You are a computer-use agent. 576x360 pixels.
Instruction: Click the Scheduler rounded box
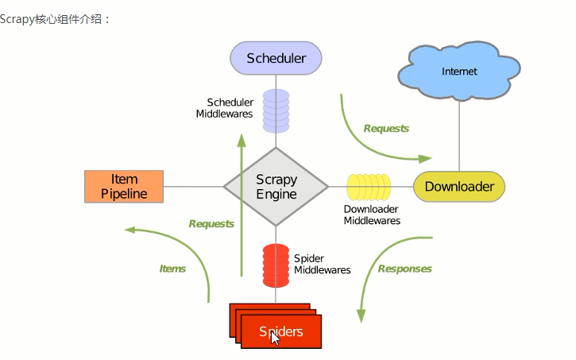click(x=276, y=58)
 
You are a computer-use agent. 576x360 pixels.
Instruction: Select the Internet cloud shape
click(x=459, y=72)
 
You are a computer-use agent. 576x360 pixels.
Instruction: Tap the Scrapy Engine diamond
click(x=276, y=188)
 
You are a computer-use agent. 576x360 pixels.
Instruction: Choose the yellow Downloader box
click(x=459, y=187)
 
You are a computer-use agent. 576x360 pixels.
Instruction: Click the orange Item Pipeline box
click(x=124, y=187)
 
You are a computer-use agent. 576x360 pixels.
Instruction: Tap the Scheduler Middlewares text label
click(x=225, y=108)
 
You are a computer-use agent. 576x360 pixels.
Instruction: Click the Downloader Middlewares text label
click(x=372, y=215)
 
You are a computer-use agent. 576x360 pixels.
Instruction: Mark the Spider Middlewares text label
click(x=322, y=265)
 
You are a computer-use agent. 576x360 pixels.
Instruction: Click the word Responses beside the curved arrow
click(x=404, y=269)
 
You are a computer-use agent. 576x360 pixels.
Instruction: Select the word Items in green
click(x=172, y=269)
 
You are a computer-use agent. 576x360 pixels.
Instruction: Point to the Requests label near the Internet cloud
click(x=386, y=128)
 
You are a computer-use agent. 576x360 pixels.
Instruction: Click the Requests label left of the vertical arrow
click(x=211, y=224)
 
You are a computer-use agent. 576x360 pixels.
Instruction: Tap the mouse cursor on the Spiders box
click(x=275, y=338)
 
